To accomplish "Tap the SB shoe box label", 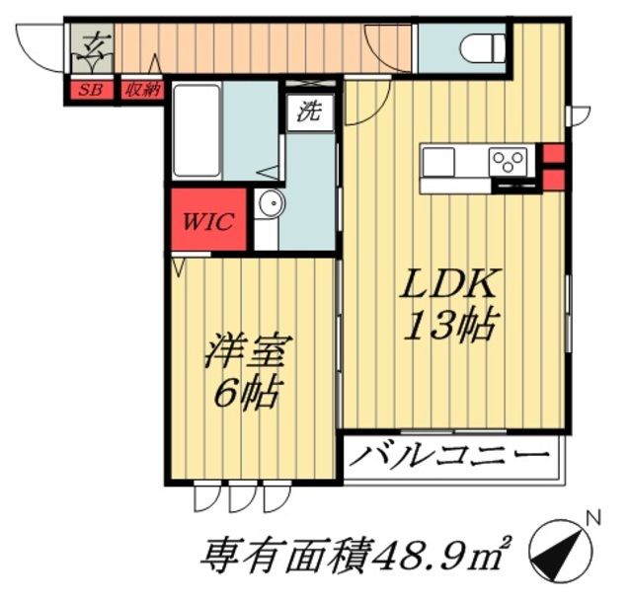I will pyautogui.click(x=89, y=91).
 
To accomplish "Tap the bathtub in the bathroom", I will pyautogui.click(x=197, y=129).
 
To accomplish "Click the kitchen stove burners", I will pyautogui.click(x=511, y=159).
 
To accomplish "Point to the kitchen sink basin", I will pyautogui.click(x=438, y=160).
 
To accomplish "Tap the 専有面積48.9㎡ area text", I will pyautogui.click(x=356, y=556).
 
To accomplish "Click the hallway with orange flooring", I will pyautogui.click(x=257, y=46).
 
